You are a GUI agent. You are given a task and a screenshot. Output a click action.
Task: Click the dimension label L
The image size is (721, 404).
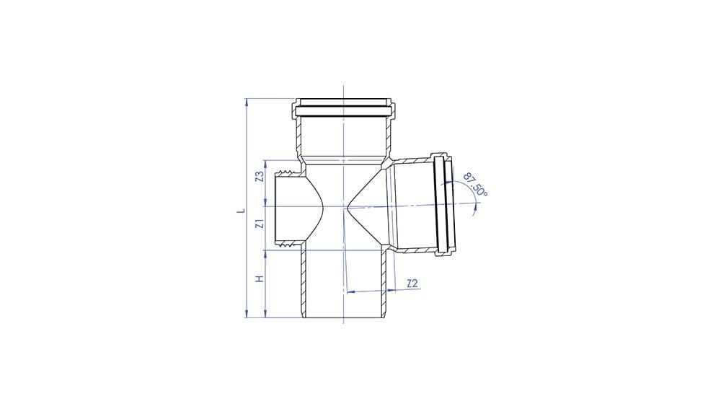pos(243,211)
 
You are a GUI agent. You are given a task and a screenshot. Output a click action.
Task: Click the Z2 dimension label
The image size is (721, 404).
pos(412,284)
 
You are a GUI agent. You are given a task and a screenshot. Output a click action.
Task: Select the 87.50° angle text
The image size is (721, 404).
pos(476,184)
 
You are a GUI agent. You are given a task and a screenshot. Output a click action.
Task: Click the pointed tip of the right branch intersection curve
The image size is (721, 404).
pos(349,207)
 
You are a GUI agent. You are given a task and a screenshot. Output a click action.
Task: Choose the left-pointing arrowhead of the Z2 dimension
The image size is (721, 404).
pos(350,292)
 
